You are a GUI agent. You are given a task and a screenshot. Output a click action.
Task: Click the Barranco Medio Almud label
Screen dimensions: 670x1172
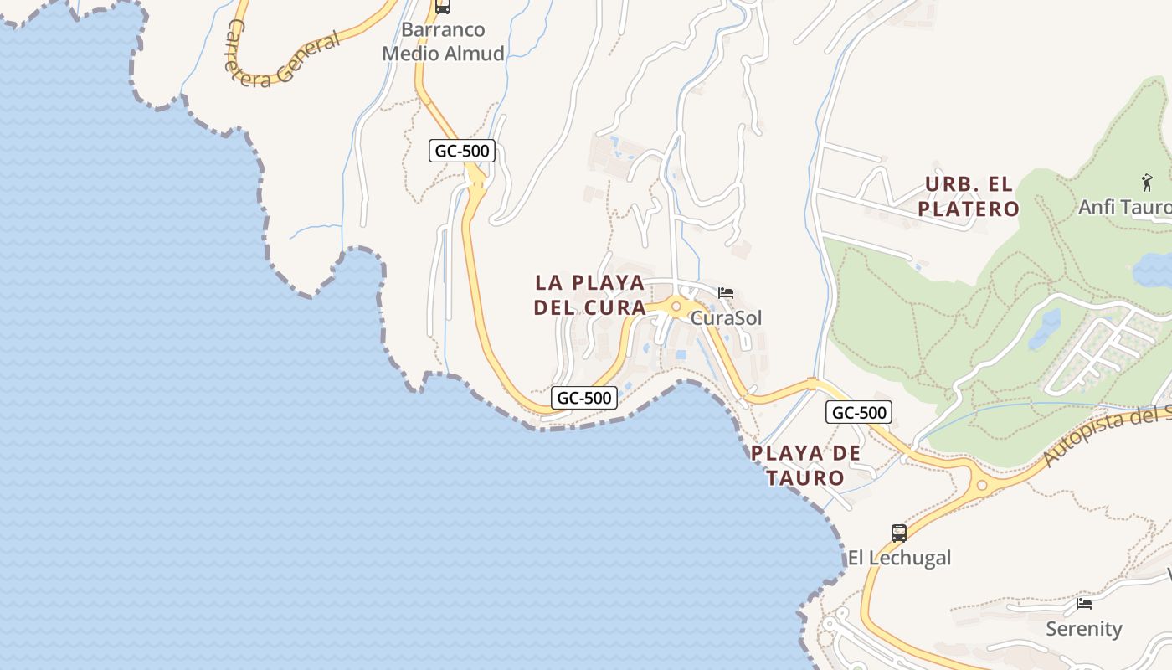point(443,42)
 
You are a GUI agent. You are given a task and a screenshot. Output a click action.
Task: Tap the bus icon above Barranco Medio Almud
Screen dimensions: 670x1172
point(443,7)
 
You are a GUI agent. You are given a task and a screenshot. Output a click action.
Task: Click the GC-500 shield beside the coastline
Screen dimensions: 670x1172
point(584,398)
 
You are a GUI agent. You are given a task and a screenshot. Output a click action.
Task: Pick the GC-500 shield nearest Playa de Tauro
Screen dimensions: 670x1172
point(859,412)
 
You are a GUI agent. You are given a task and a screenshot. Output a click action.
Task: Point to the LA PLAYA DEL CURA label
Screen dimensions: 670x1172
point(590,295)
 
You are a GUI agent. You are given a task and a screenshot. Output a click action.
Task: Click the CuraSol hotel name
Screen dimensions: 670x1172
point(727,318)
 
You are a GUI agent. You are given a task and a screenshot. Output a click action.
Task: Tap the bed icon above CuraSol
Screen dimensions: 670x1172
point(726,293)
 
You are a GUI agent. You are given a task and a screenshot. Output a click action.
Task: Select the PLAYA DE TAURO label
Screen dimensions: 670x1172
point(805,466)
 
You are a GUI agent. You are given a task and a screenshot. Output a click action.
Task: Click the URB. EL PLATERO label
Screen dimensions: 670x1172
point(969,196)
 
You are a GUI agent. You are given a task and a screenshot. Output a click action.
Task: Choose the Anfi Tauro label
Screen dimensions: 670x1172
point(1124,207)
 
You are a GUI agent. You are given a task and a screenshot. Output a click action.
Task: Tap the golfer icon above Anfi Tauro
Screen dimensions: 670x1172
point(1147,182)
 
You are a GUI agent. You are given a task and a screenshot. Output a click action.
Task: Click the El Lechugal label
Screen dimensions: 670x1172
point(899,558)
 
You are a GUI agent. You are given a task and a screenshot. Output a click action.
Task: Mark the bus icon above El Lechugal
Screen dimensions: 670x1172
point(899,533)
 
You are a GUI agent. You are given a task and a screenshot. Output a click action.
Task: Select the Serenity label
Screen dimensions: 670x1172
point(1083,628)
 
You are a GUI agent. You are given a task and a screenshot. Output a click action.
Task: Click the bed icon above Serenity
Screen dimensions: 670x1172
point(1084,603)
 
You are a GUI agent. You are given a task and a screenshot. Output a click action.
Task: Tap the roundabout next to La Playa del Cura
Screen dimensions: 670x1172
point(676,307)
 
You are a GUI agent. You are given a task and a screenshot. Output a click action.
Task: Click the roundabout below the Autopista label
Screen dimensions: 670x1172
point(982,484)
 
